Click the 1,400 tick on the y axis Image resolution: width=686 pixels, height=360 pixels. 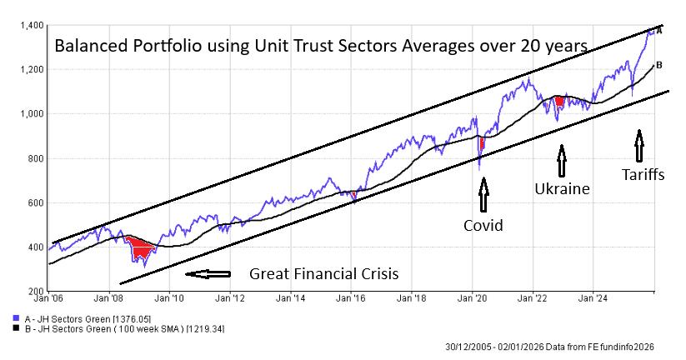[31, 26]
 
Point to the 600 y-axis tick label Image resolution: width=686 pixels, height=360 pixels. [35, 202]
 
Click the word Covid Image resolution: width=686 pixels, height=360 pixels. [483, 225]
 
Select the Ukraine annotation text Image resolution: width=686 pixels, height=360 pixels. [562, 189]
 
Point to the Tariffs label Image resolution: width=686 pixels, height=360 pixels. [643, 174]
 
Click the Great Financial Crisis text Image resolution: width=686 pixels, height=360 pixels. [324, 273]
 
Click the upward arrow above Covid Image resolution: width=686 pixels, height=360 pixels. [483, 197]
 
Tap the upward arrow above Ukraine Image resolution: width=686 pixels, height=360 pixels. [562, 161]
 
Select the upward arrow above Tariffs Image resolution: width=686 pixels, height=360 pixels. [639, 146]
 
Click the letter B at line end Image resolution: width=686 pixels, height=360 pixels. [658, 65]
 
